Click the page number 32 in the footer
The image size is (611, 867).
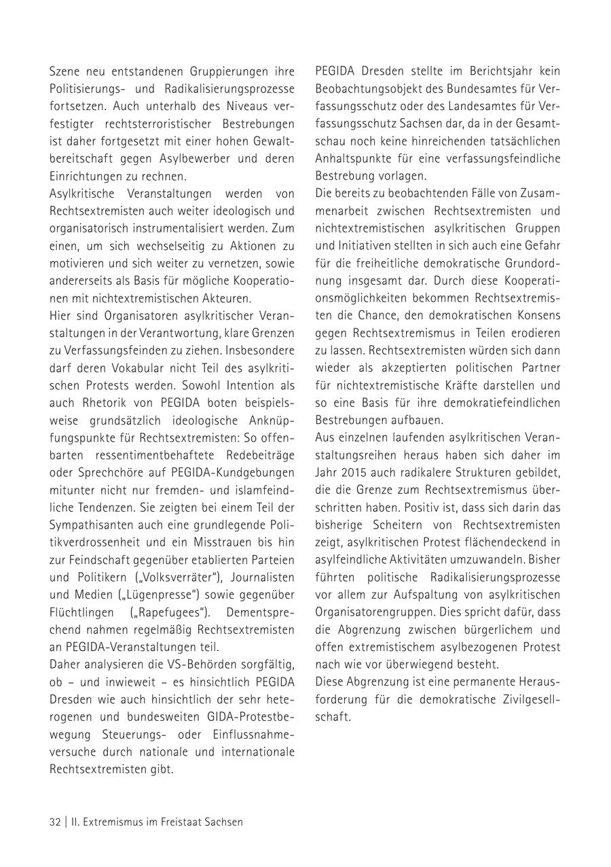pyautogui.click(x=55, y=821)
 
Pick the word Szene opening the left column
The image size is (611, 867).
pyautogui.click(x=64, y=71)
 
